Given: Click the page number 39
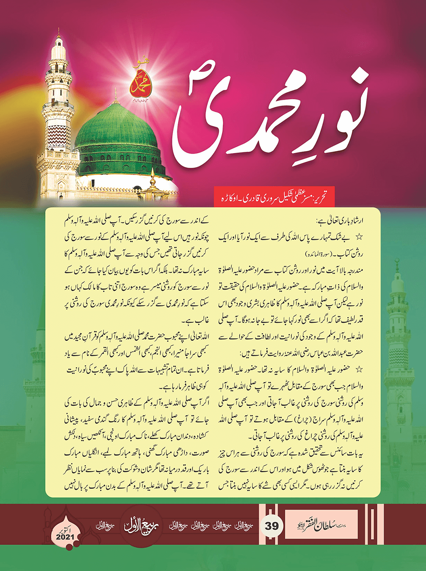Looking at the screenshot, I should click(272, 526).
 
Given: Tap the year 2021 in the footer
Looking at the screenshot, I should click(65, 537).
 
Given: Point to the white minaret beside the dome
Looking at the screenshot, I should click(59, 108).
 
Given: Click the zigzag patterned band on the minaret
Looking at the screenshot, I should click(58, 137).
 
